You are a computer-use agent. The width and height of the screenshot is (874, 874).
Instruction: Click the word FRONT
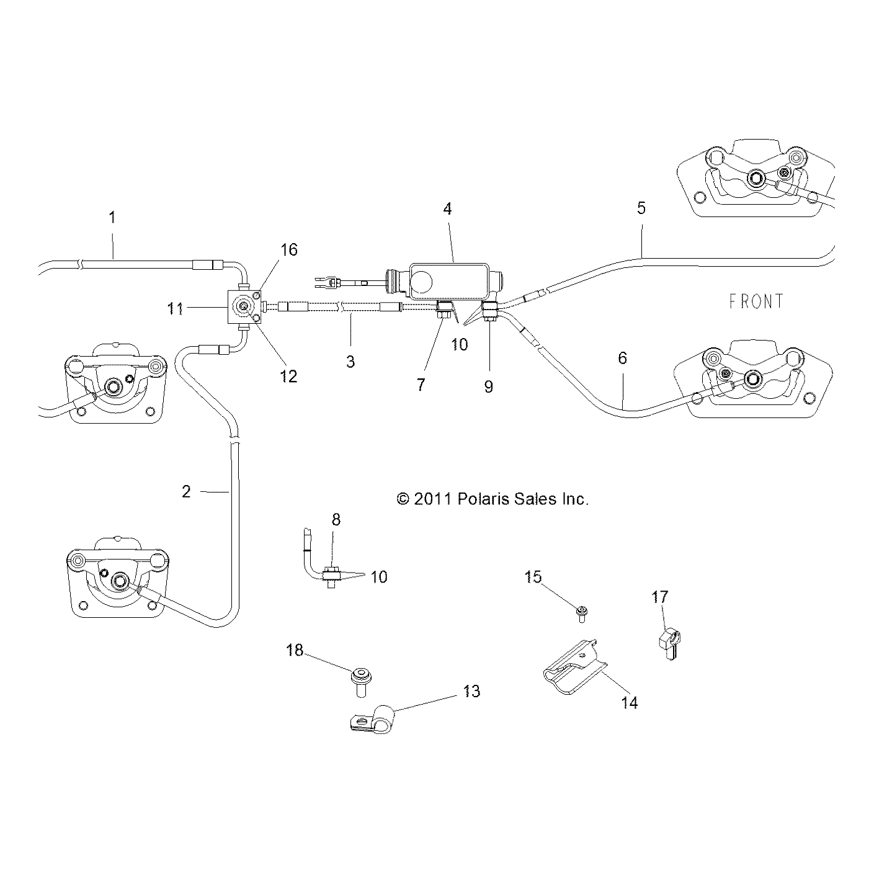[x=756, y=301]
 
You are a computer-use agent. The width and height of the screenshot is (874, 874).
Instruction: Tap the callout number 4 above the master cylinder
[x=447, y=209]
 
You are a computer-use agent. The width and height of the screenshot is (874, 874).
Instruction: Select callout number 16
[x=289, y=249]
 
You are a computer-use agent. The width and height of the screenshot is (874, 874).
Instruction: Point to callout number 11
[x=176, y=308]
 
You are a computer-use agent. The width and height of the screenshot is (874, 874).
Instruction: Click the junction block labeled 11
[x=246, y=307]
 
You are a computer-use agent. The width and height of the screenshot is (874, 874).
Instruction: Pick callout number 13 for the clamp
[x=472, y=691]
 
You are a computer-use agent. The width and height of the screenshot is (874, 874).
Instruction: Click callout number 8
[x=336, y=519]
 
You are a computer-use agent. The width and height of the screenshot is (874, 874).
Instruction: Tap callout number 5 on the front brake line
[x=641, y=208]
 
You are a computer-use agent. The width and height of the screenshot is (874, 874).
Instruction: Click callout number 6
[x=622, y=358]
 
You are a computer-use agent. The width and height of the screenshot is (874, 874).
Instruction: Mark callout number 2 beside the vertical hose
[x=186, y=491]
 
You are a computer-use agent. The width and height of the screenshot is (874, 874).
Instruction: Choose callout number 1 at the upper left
[x=112, y=217]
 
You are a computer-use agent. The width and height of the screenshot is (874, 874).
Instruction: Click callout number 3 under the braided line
[x=350, y=362]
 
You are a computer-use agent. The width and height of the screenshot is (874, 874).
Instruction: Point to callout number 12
[x=289, y=376]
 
